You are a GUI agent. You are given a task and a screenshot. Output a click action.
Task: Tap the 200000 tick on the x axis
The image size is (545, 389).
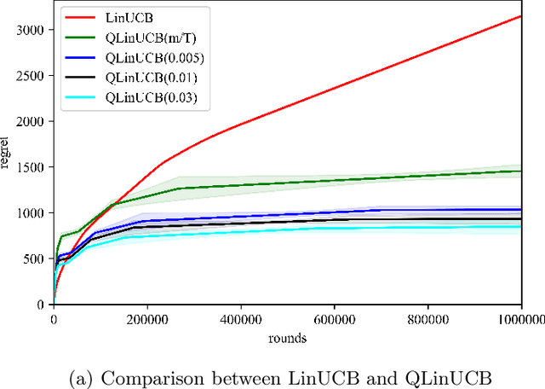(x=147, y=319)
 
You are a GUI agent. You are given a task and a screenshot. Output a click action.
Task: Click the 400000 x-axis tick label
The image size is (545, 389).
(x=241, y=319)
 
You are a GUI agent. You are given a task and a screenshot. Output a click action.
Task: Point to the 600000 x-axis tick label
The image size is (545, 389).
(x=335, y=319)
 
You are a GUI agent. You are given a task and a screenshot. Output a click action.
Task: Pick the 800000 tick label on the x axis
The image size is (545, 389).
(x=428, y=319)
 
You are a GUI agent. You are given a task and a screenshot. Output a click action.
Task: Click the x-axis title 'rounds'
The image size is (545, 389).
(x=288, y=337)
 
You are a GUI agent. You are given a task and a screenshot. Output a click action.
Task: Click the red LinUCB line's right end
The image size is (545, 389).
(x=521, y=16)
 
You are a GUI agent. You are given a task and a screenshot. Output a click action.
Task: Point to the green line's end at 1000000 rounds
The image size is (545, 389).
(x=521, y=171)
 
